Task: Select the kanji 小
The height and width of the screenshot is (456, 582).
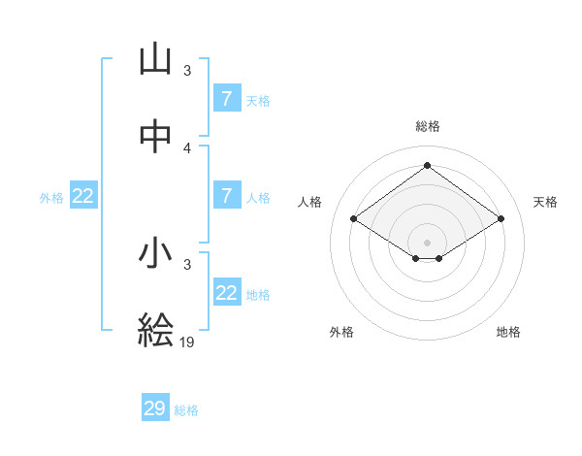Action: pos(155,253)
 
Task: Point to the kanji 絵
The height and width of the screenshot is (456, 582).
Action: pos(155,331)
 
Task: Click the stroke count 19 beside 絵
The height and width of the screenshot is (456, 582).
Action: pos(186,342)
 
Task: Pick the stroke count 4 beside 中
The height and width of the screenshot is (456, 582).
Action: pos(187,147)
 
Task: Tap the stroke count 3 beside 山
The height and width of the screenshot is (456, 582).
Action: pos(187,70)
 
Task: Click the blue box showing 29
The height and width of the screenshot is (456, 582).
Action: pos(155,408)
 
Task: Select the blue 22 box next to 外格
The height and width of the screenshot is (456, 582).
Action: pos(83,196)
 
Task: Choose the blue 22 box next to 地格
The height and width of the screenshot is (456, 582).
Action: pos(227,293)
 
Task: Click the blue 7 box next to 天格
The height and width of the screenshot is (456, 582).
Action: pos(227,99)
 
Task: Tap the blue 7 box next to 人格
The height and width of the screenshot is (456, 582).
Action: pos(227,196)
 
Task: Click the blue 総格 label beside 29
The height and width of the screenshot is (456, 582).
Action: pos(187,410)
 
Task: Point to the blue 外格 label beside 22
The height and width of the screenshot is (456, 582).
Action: pos(51,198)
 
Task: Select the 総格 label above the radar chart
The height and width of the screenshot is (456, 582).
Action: pos(428,126)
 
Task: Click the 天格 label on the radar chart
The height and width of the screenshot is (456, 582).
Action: pos(546,202)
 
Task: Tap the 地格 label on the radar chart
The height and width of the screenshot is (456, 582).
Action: pos(508,332)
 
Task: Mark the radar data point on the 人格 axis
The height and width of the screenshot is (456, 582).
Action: pos(354,219)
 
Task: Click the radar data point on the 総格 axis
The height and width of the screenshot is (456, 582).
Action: pos(427,164)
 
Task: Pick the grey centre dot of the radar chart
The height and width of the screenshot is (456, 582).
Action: pos(427,241)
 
